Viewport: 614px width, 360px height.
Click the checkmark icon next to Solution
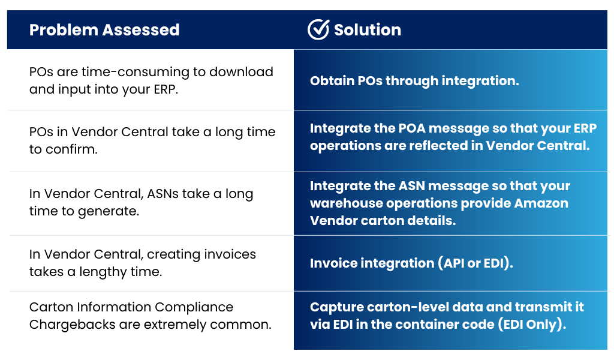point(318,29)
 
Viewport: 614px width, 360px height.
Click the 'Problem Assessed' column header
point(104,30)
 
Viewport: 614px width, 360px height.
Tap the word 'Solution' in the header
point(368,30)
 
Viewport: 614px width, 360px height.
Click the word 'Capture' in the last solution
point(333,307)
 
